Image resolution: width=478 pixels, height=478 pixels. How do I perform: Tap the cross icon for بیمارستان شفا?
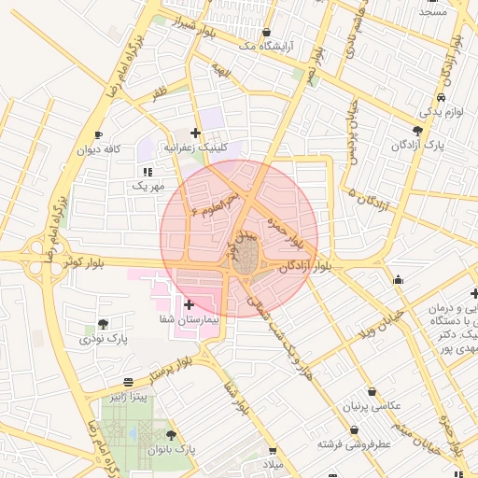(x=189, y=304)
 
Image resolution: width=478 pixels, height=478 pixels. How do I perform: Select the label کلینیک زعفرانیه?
(x=195, y=148)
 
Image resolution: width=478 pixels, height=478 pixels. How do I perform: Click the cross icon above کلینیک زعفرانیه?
(x=195, y=134)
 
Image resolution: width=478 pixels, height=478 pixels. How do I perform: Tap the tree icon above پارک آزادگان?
(x=417, y=131)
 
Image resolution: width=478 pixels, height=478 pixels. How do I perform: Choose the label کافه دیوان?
(x=100, y=149)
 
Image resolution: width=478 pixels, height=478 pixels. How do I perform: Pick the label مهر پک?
(x=148, y=187)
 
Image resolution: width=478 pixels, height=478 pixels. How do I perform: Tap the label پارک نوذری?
(x=103, y=338)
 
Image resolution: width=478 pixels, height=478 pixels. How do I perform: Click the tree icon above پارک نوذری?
(x=103, y=324)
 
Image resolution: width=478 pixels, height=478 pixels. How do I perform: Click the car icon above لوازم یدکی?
(x=440, y=97)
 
